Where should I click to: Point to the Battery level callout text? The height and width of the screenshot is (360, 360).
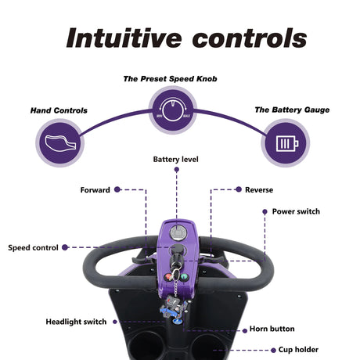(x=176, y=159)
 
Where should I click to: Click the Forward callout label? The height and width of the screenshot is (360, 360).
(x=95, y=189)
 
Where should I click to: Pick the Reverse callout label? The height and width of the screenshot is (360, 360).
(x=259, y=189)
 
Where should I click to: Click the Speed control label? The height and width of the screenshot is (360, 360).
(x=33, y=247)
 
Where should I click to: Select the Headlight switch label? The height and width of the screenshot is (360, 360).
(x=76, y=322)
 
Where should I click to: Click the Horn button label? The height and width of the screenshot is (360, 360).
(x=272, y=329)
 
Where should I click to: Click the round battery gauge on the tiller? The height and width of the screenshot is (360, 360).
(x=178, y=232)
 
